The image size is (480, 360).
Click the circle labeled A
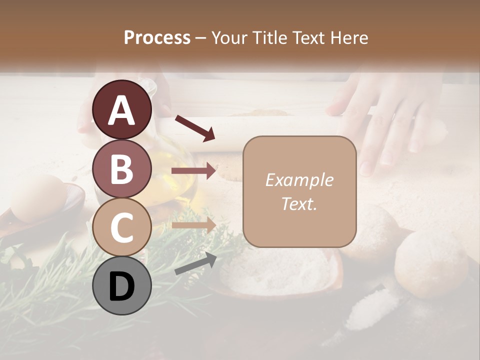[x=122, y=110]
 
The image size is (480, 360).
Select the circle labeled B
[x=122, y=168]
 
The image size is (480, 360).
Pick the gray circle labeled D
[x=122, y=285]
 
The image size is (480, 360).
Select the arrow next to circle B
[x=193, y=170]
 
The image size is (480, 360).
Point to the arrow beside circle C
[x=193, y=225]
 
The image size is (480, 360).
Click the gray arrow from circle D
[x=195, y=263]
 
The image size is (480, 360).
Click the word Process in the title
[x=157, y=37]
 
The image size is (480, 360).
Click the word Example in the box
[x=299, y=180]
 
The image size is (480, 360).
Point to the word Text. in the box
[x=299, y=204]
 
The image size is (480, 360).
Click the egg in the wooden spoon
[x=38, y=197]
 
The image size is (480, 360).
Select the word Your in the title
[x=229, y=37]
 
